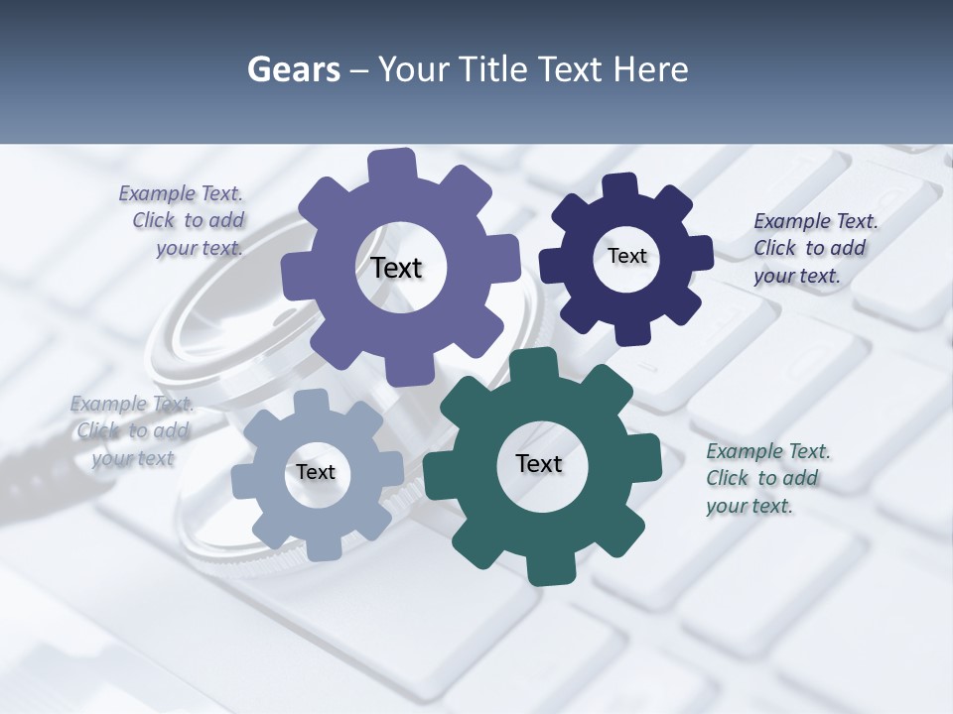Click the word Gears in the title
click(x=293, y=70)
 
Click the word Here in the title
click(x=651, y=70)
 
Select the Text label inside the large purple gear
click(x=396, y=268)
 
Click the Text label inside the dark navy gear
click(x=626, y=256)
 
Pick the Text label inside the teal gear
click(x=539, y=463)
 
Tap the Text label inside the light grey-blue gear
click(x=316, y=472)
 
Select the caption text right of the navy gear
click(x=809, y=248)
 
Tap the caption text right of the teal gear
click(x=764, y=478)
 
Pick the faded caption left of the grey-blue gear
click(x=132, y=430)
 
